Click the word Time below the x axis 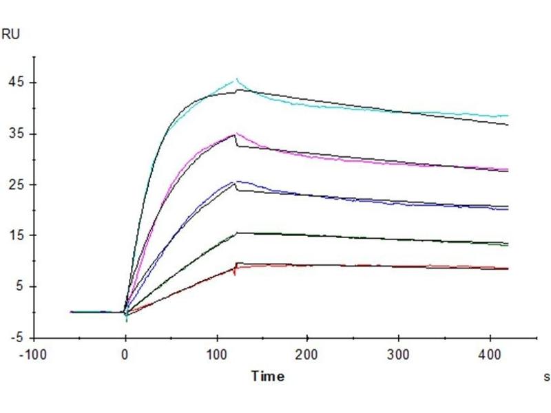tap(267, 376)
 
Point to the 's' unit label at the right tap(546, 377)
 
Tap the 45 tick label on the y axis tap(15, 83)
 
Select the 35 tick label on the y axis tap(15, 134)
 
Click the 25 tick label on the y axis tap(15, 184)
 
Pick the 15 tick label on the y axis tap(15, 235)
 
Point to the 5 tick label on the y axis tap(19, 286)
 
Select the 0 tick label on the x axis tap(125, 357)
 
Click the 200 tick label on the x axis tap(307, 357)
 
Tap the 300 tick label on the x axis tap(398, 357)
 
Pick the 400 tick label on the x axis tap(489, 357)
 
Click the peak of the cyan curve tap(237, 79)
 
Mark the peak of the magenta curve tap(237, 133)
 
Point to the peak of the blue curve tap(237, 181)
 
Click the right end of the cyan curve tap(508, 116)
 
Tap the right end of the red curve tap(508, 268)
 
